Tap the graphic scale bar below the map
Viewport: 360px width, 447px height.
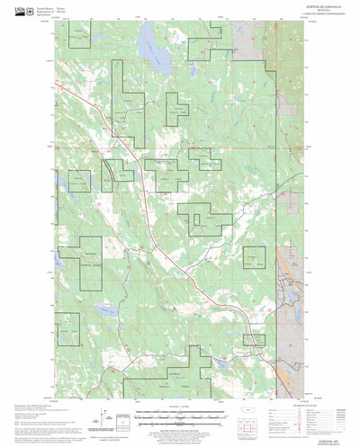point(180,416)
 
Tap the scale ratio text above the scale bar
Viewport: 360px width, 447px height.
point(180,407)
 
